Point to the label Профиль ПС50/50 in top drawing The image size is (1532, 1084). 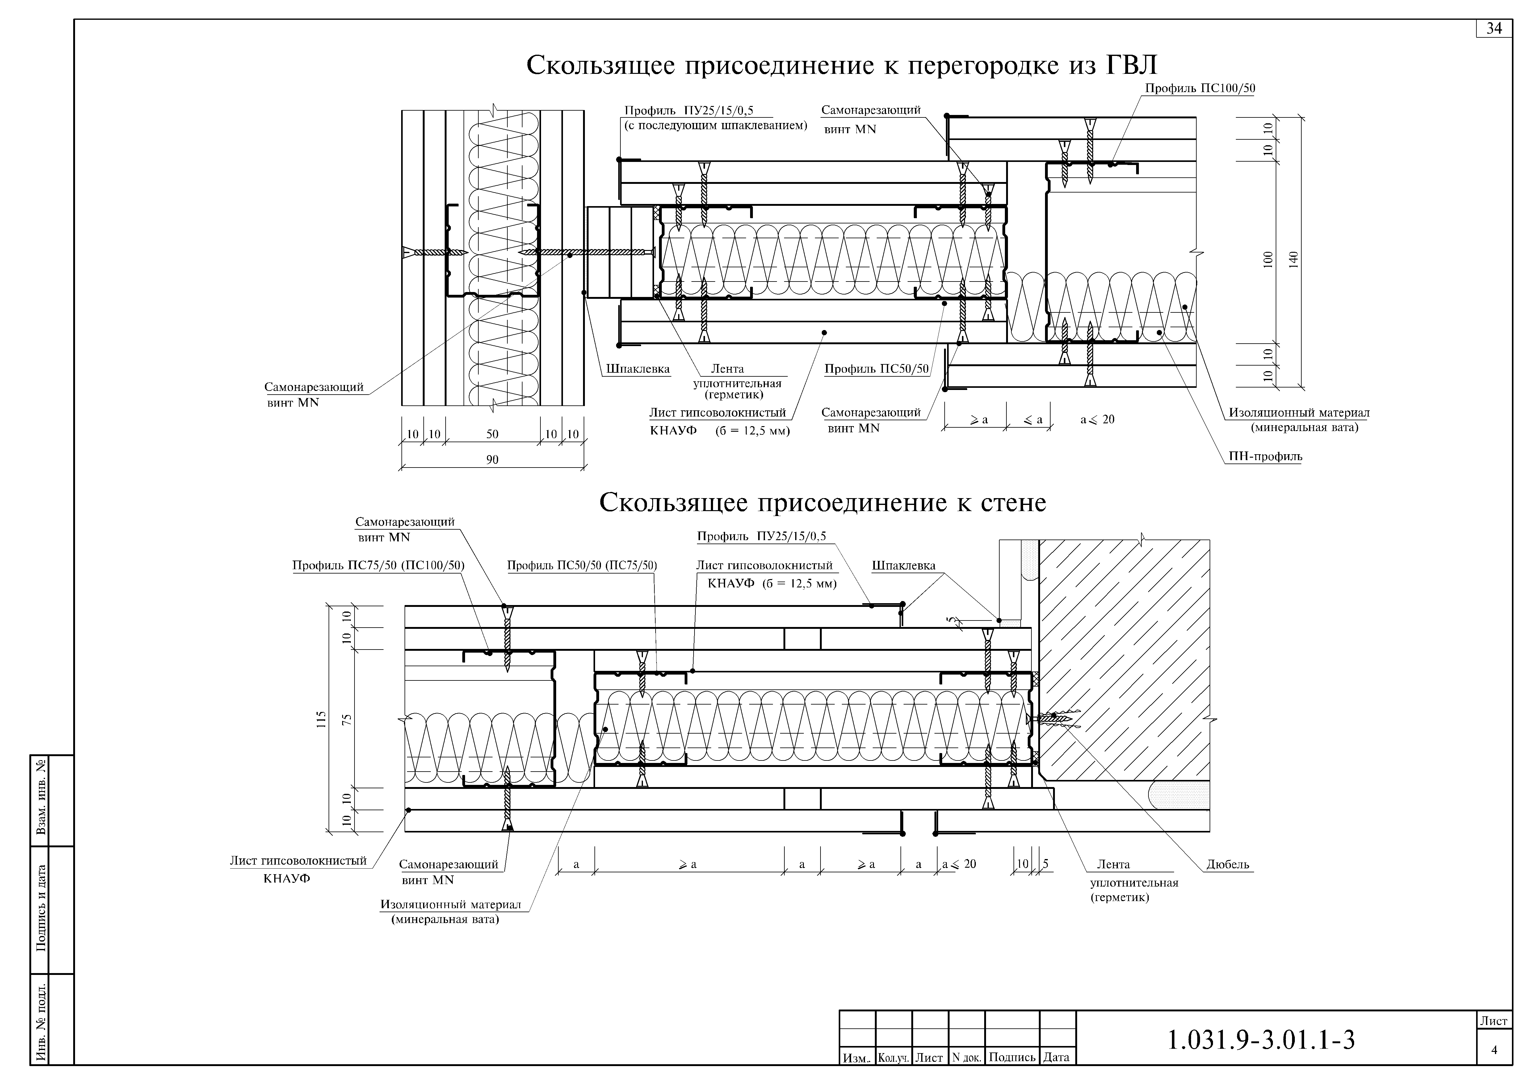[x=876, y=369]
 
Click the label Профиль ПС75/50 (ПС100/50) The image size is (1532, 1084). [x=378, y=565]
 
